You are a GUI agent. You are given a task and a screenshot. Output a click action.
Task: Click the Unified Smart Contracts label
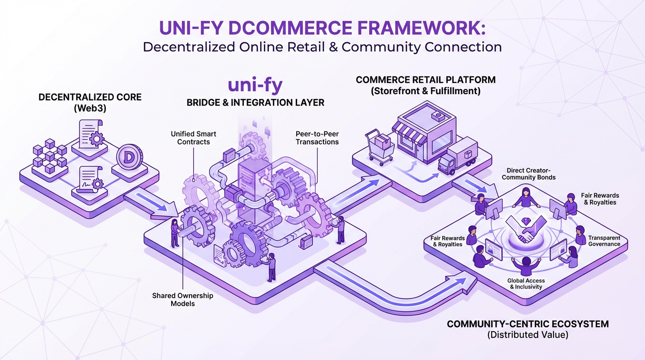(194, 138)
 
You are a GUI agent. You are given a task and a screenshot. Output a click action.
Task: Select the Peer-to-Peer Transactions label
(317, 138)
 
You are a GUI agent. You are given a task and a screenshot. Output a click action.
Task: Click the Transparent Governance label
(604, 241)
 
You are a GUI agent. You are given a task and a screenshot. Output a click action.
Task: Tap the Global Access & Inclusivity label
(526, 284)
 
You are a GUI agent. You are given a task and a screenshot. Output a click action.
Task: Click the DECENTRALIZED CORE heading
(90, 97)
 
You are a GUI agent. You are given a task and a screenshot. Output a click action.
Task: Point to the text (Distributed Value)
(527, 335)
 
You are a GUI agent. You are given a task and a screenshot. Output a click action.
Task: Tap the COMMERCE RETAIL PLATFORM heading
(425, 80)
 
